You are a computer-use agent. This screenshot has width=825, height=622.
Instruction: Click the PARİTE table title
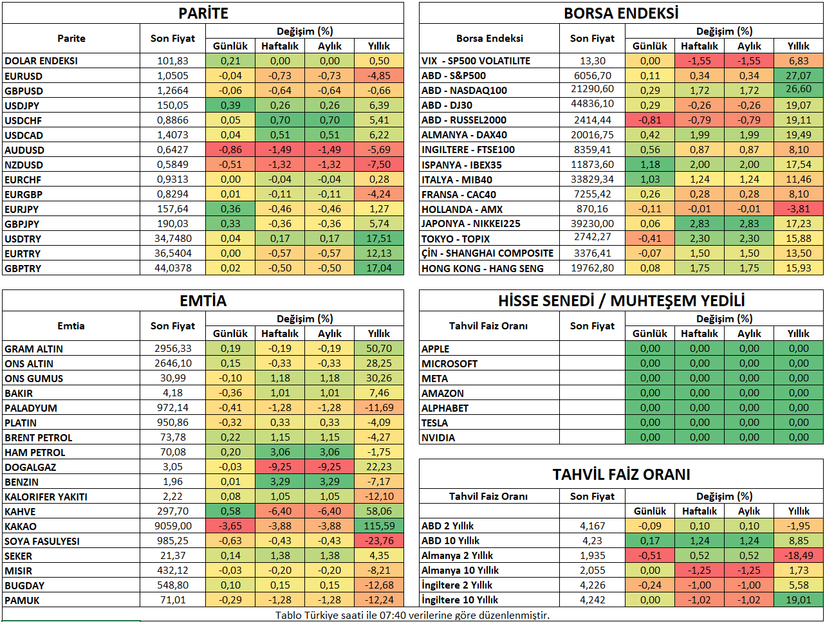pyautogui.click(x=203, y=14)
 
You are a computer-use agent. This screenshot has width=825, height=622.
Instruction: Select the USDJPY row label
pyautogui.click(x=22, y=105)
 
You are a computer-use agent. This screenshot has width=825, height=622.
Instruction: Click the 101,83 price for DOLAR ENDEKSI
pyautogui.click(x=172, y=61)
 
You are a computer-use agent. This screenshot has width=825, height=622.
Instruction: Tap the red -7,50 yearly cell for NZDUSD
pyautogui.click(x=379, y=165)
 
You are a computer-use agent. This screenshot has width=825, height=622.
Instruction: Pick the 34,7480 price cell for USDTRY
pyautogui.click(x=172, y=239)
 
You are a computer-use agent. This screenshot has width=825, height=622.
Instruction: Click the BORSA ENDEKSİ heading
pyautogui.click(x=621, y=14)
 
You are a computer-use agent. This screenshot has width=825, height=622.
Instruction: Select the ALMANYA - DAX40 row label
pyautogui.click(x=464, y=135)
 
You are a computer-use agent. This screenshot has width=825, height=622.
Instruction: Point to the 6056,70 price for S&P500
pyautogui.click(x=592, y=76)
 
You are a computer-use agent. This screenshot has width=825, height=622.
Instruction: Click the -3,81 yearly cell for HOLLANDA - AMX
pyautogui.click(x=799, y=209)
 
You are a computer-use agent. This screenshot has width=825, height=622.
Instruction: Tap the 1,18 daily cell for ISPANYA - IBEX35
pyautogui.click(x=650, y=165)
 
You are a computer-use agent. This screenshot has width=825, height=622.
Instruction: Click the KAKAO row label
pyautogui.click(x=21, y=526)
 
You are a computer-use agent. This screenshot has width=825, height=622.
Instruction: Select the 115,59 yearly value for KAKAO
pyautogui.click(x=379, y=526)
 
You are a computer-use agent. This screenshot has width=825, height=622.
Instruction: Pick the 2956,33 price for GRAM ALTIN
pyautogui.click(x=172, y=349)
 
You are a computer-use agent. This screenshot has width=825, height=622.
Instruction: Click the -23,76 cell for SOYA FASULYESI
pyautogui.click(x=379, y=541)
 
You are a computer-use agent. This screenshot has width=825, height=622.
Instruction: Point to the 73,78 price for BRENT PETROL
pyautogui.click(x=172, y=437)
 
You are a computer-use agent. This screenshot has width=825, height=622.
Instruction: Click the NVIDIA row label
pyautogui.click(x=438, y=437)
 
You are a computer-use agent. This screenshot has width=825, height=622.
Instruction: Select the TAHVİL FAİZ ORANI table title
pyautogui.click(x=621, y=475)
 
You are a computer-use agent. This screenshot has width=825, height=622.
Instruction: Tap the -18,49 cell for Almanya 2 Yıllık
pyautogui.click(x=799, y=556)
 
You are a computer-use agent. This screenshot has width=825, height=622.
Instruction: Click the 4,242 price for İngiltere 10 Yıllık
pyautogui.click(x=592, y=600)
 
